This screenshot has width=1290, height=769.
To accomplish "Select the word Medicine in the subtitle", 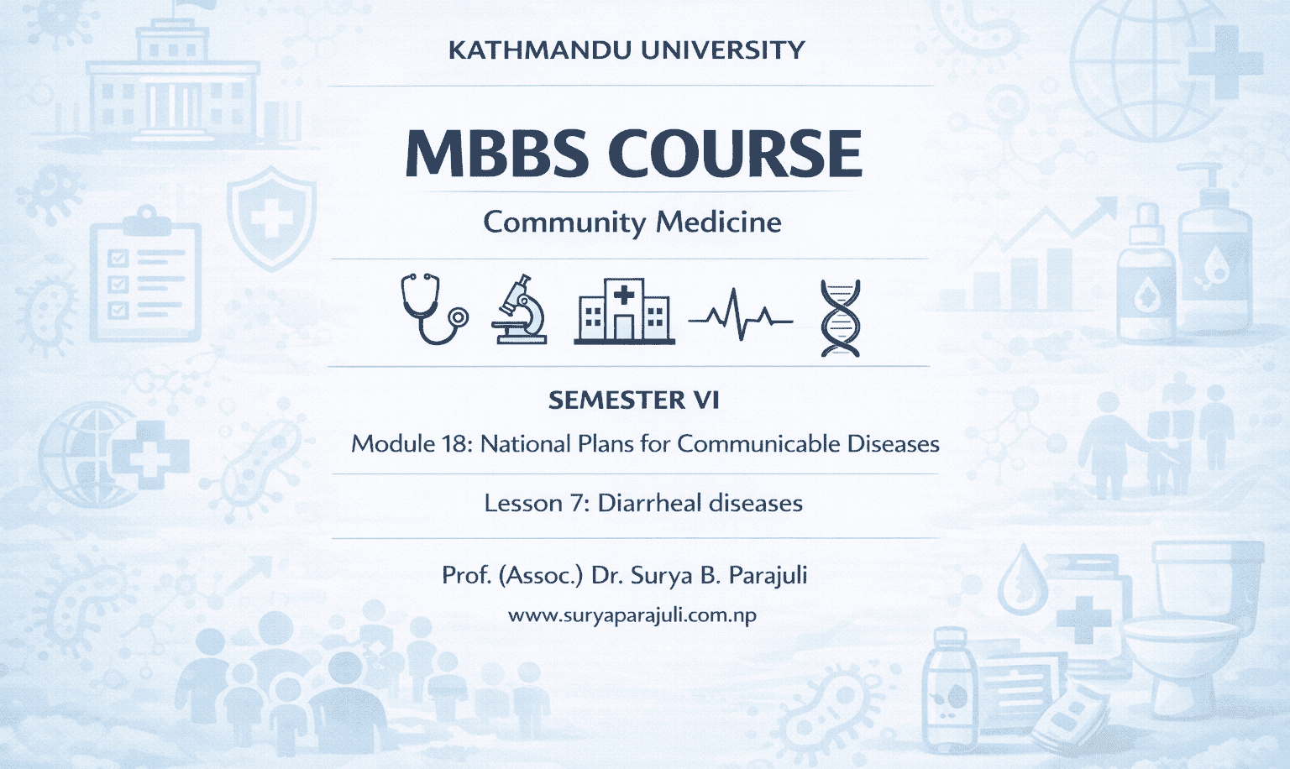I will (x=718, y=222).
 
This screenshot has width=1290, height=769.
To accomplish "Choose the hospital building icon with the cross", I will (x=624, y=311).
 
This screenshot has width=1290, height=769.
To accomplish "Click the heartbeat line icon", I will (x=740, y=316).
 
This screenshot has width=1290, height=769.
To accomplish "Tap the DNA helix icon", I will (x=840, y=318).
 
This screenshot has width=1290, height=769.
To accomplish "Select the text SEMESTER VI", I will (x=634, y=400).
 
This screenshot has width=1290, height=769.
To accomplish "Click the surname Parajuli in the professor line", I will (x=768, y=575).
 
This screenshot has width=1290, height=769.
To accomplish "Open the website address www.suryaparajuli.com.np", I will (x=632, y=615).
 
